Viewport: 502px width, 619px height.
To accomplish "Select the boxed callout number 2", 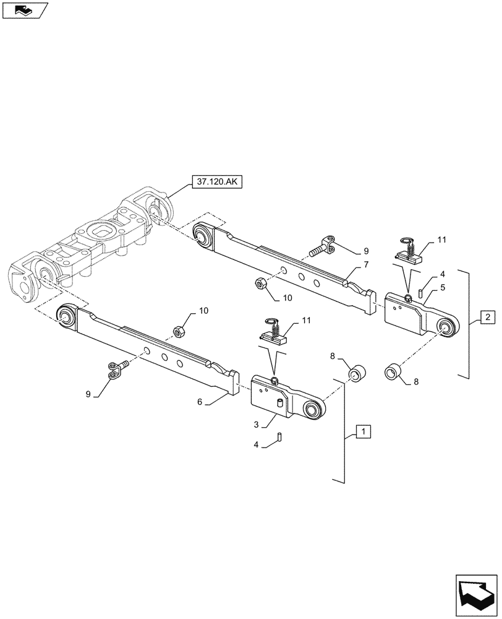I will pos(487,318).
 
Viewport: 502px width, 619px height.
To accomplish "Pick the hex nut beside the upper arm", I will pos(261,284).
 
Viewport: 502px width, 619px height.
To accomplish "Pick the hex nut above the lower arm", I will pos(179,332).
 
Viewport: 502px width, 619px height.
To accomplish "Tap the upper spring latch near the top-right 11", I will pos(406,251).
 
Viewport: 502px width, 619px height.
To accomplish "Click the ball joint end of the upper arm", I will pos(201,236).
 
